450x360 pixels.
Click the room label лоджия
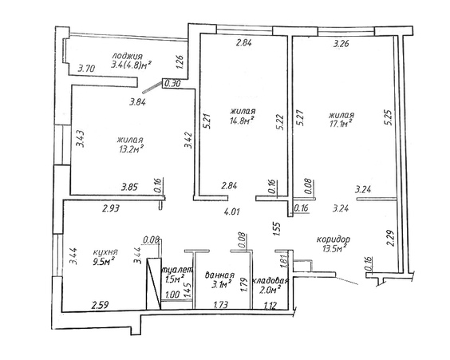(127, 56)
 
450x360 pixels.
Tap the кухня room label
(105, 252)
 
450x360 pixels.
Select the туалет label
(177, 270)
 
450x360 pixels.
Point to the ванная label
(220, 275)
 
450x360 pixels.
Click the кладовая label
(270, 280)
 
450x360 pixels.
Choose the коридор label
(334, 239)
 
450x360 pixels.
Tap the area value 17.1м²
(341, 124)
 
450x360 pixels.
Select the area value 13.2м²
(131, 148)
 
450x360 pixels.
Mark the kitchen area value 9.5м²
(104, 262)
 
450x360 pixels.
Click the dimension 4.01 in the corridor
(231, 212)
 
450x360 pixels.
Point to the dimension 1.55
(276, 228)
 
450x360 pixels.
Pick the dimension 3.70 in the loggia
(87, 69)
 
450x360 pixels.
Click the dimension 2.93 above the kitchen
(111, 208)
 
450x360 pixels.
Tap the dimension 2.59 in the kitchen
(100, 305)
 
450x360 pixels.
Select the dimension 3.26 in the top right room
(341, 44)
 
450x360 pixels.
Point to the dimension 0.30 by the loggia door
(173, 84)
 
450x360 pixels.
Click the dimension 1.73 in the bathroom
(221, 305)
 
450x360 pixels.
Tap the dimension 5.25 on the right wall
(389, 117)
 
